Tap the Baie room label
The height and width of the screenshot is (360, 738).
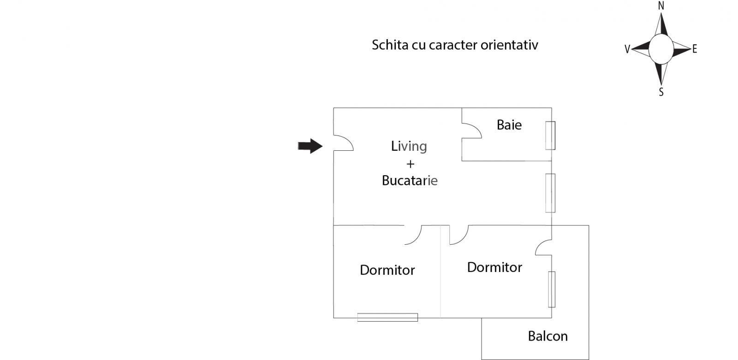509,125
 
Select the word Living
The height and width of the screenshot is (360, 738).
409,146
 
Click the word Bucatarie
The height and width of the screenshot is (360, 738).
410,180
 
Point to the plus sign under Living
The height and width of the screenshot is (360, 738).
410,164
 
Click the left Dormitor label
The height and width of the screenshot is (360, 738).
387,270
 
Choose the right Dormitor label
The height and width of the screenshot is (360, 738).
494,267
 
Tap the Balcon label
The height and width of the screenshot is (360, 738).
548,336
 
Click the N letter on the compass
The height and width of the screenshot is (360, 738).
661,6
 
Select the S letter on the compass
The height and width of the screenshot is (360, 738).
661,92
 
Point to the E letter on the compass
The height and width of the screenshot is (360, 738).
695,49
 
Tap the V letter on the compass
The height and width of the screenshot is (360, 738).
627,49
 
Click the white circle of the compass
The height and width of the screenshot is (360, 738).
661,48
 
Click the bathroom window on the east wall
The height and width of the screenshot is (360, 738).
550,136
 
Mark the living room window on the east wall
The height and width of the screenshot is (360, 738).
550,193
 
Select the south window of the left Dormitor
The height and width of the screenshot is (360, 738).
387,317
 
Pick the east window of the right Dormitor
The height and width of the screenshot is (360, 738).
551,289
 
